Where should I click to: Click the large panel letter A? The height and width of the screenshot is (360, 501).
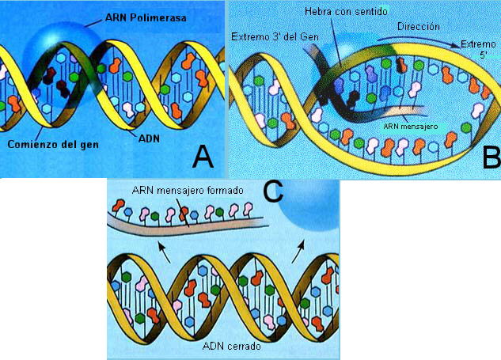click(x=203, y=157)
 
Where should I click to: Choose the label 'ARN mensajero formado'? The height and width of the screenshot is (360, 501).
click(x=177, y=192)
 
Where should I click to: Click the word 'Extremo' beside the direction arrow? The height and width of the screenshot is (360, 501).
click(x=479, y=45)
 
